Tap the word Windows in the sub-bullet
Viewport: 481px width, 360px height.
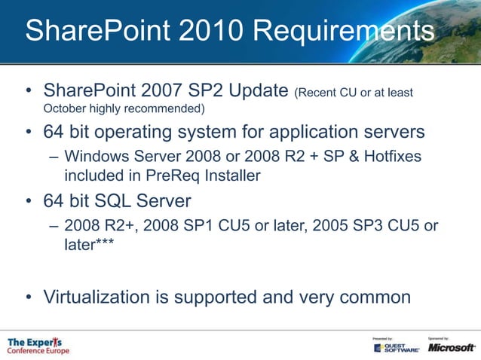tap(97, 157)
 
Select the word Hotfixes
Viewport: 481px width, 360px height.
tap(388, 157)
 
